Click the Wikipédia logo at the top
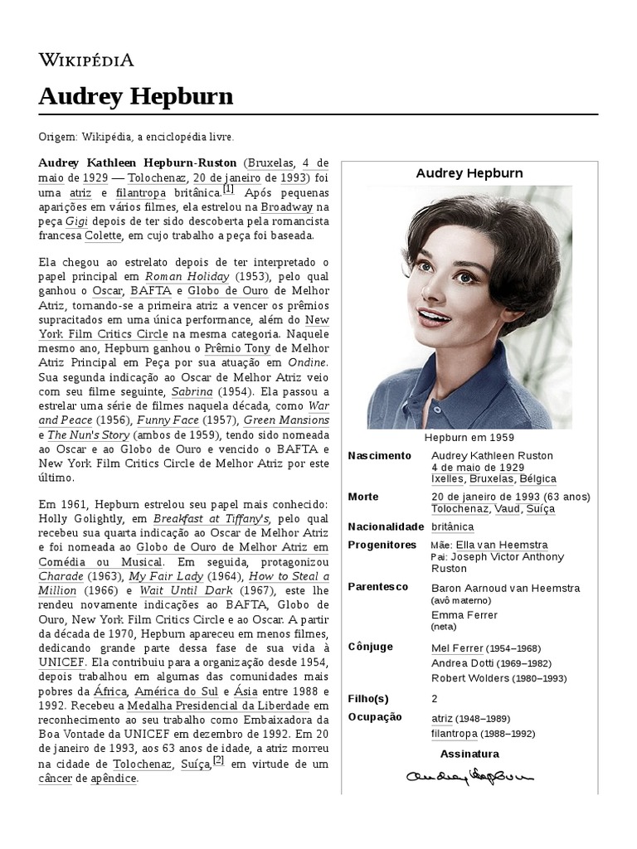point(86,60)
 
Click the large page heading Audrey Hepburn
point(135,97)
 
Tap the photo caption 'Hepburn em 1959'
point(469,437)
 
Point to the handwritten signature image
point(469,776)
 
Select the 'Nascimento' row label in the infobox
point(379,456)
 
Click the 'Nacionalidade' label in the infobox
point(386,526)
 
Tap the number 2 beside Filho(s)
point(435,699)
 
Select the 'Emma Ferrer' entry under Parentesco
point(464,615)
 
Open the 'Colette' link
point(104,236)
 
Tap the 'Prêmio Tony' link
point(237,348)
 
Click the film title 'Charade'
point(61,576)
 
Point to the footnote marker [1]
point(228,188)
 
